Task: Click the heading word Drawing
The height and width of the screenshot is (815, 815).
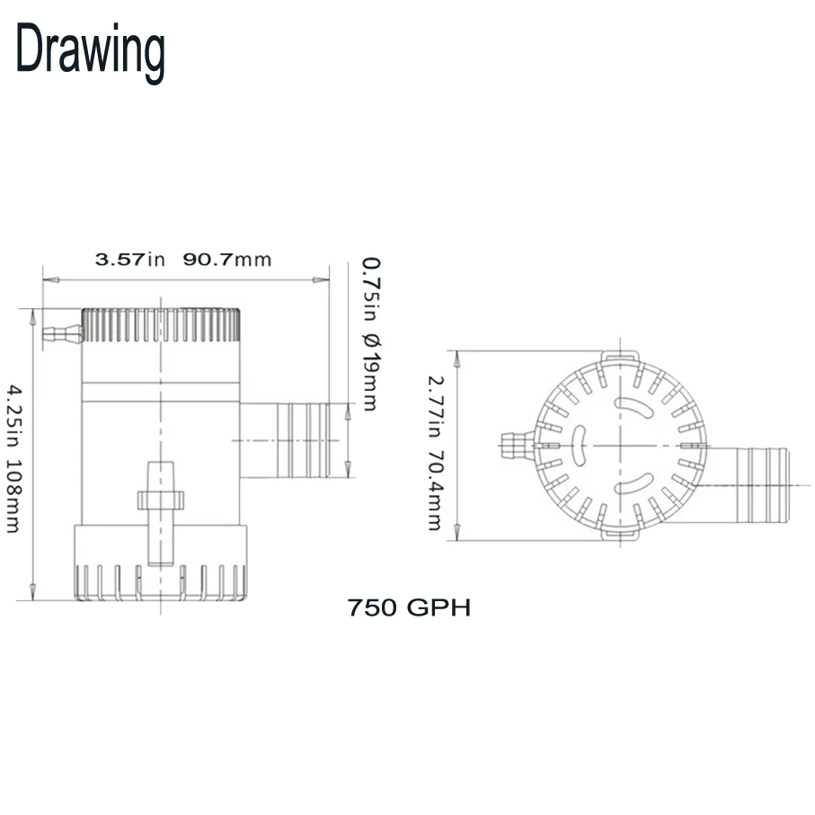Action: tap(91, 52)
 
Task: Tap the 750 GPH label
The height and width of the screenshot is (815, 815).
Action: tap(409, 607)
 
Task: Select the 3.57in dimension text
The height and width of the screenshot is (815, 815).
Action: tap(130, 259)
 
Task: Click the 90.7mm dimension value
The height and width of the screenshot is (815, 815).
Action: tap(227, 259)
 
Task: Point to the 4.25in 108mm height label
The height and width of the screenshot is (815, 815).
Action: tap(13, 459)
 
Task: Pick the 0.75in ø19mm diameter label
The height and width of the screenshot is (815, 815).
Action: tap(370, 333)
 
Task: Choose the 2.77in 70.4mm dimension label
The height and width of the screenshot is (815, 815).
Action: tap(436, 453)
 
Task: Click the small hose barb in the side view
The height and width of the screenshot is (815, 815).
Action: tap(62, 334)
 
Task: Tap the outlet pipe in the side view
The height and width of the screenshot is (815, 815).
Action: tap(284, 440)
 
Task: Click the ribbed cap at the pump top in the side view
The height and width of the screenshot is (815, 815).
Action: tap(161, 325)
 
